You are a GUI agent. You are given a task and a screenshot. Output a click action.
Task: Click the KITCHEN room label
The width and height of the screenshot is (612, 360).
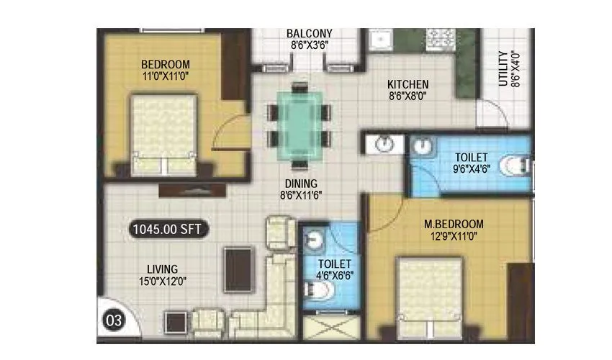pyautogui.click(x=408, y=84)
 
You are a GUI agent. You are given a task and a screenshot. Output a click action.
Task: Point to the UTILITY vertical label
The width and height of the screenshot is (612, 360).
pyautogui.click(x=503, y=68)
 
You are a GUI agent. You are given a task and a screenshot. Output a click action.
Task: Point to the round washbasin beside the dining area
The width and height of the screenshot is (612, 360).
pyautogui.click(x=386, y=143)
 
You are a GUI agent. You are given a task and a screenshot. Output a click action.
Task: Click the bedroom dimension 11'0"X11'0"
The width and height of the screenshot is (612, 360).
pyautogui.click(x=166, y=76)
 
